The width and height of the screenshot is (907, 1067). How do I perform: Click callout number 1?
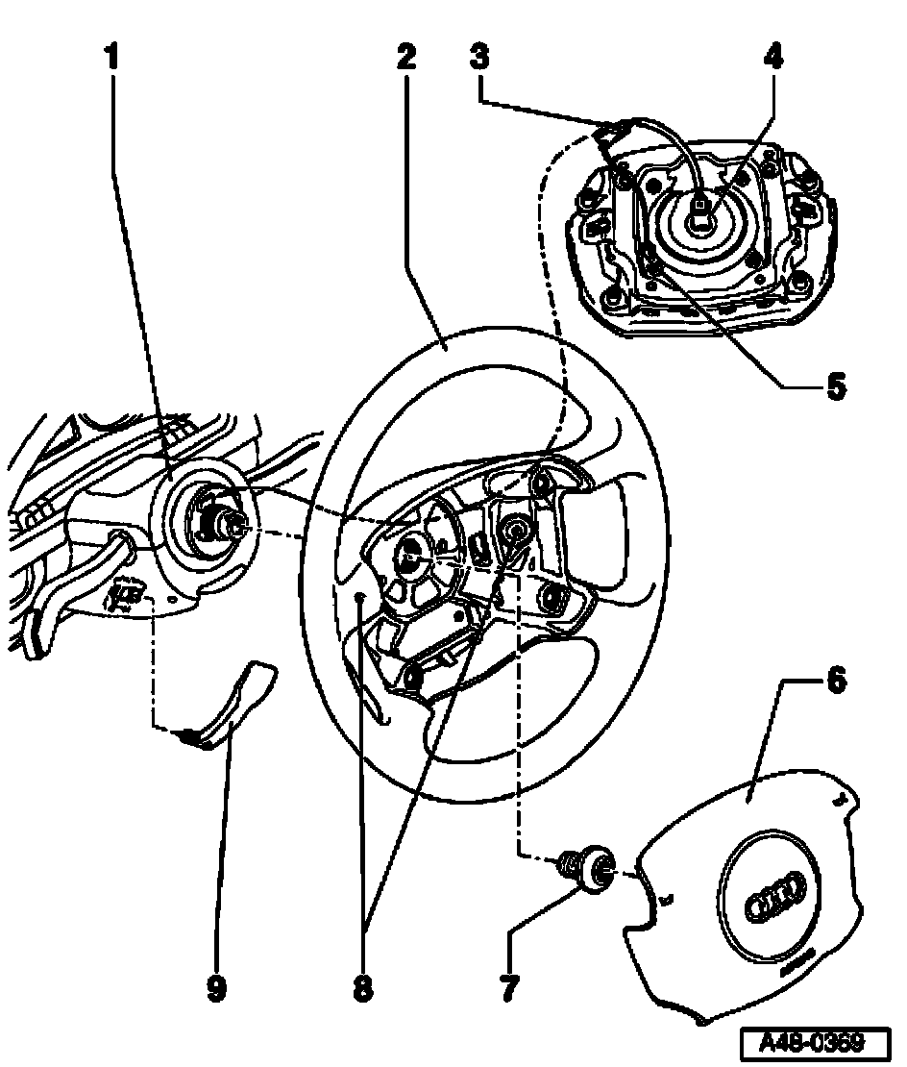112,57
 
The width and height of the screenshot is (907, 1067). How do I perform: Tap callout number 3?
480,57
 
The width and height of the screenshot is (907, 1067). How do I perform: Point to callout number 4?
772,57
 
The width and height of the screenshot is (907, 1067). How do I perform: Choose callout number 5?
834,387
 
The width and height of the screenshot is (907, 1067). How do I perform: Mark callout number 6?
836,682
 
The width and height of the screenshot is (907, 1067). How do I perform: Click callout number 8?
362,987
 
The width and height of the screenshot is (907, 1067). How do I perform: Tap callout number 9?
216,987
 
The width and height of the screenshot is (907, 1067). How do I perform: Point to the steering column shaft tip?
234,525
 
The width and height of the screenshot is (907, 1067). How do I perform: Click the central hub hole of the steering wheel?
410,550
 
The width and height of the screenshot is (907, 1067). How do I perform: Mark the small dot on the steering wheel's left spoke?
357,597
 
